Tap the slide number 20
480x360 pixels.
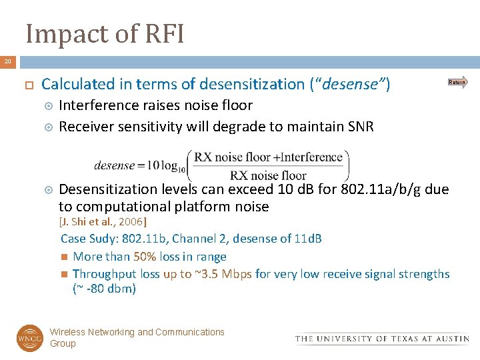8,62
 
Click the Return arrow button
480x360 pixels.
457,83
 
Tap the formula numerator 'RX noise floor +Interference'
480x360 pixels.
268,158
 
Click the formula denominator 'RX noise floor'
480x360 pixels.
268,176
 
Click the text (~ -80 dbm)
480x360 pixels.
104,289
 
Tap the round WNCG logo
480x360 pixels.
29,338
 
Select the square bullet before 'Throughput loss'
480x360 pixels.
63,274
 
